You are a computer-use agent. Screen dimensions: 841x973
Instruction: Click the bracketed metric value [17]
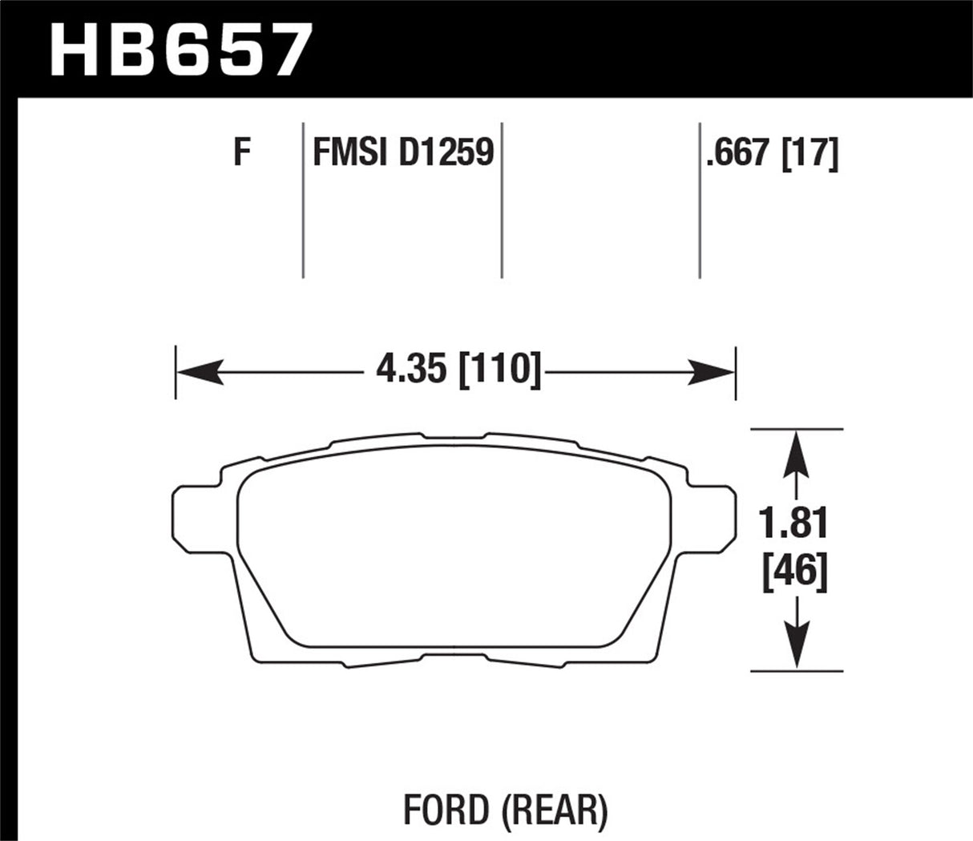(812, 152)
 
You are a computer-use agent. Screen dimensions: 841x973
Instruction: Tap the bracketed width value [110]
(497, 371)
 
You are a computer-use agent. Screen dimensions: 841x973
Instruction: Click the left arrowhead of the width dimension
(196, 372)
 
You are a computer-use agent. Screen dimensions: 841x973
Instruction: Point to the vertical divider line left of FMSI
(303, 200)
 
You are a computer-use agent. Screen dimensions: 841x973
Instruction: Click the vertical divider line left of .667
(700, 200)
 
